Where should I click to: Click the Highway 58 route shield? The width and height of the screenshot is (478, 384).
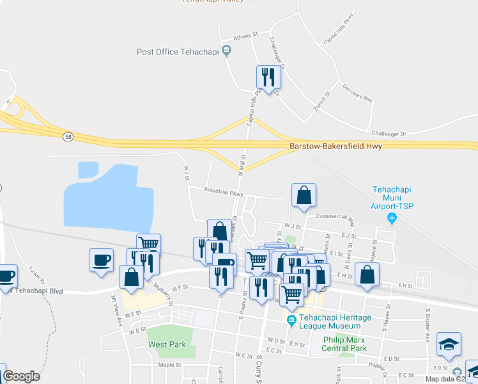pyautogui.click(x=68, y=136)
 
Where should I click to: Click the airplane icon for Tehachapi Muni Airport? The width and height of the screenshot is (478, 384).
pyautogui.click(x=392, y=219)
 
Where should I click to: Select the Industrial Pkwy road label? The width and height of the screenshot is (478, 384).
pyautogui.click(x=224, y=191)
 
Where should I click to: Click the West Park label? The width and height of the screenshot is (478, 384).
pyautogui.click(x=167, y=344)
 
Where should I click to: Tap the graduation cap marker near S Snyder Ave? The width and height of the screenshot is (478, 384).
pyautogui.click(x=449, y=344)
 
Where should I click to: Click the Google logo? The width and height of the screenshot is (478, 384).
pyautogui.click(x=21, y=376)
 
